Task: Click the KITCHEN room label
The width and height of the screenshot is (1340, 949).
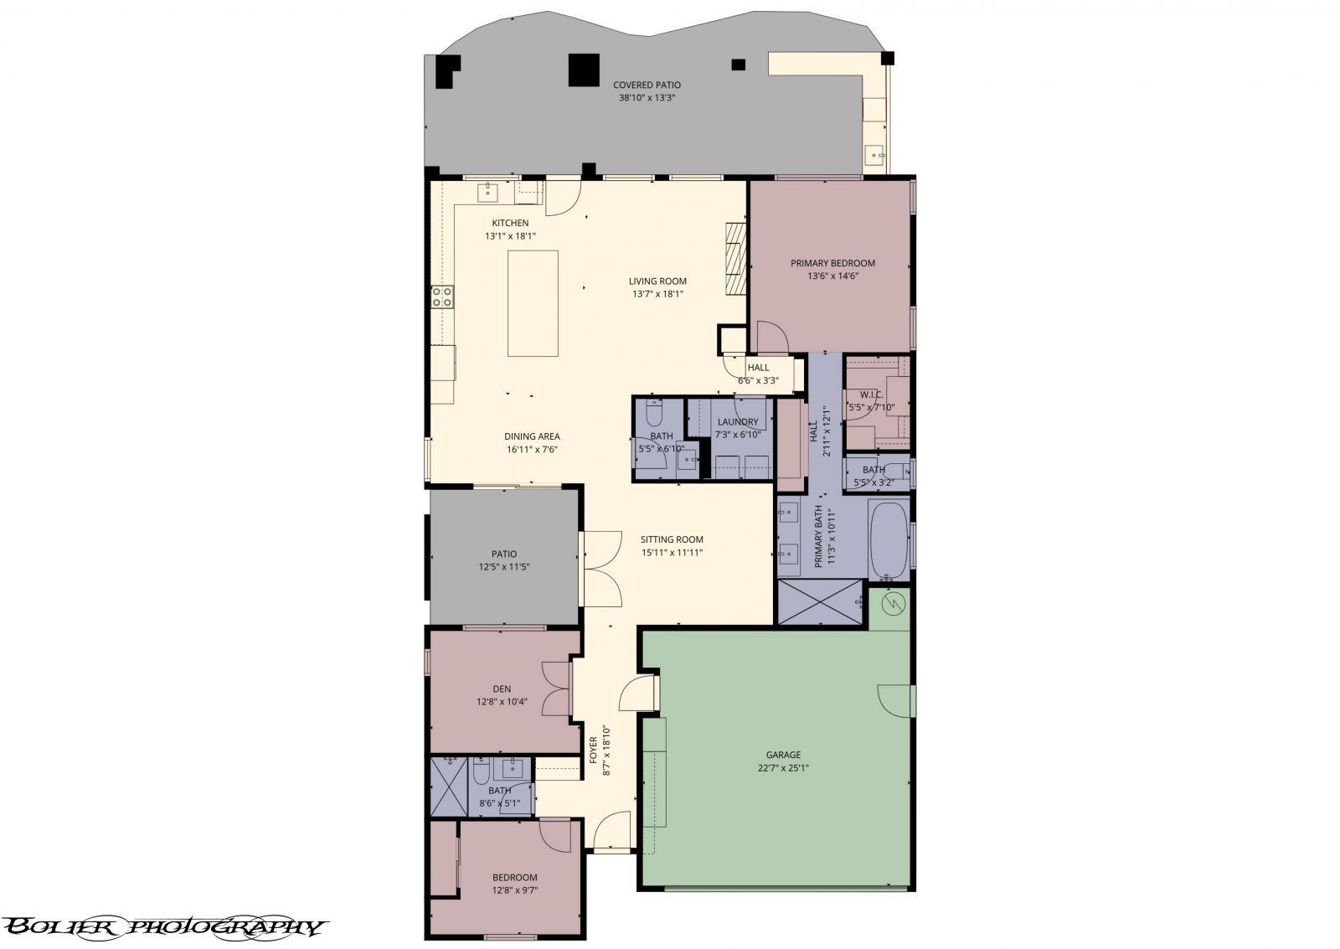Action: pos(510,223)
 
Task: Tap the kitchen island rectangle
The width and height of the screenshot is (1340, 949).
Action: pos(533,303)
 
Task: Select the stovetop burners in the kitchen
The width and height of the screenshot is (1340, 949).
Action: pos(442,297)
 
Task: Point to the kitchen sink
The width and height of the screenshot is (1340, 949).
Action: pos(488,193)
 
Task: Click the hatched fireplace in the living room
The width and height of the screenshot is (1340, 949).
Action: pos(736,259)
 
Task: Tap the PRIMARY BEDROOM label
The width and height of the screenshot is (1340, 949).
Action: pos(832,263)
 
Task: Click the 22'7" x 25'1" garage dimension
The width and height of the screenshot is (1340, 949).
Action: pos(783,768)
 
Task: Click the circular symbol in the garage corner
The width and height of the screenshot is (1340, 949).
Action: pos(894,605)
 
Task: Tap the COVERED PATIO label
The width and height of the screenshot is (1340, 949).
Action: pos(647,85)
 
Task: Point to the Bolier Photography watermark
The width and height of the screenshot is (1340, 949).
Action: pos(164,927)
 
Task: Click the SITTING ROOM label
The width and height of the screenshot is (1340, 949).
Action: pos(672,539)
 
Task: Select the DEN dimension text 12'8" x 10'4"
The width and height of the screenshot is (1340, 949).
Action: pos(502,703)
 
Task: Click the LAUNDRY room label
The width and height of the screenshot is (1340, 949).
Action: pos(738,422)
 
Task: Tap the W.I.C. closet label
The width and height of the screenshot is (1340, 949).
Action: pos(872,395)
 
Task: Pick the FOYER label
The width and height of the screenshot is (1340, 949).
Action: pos(594,750)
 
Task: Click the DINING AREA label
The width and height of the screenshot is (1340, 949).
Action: pos(532,436)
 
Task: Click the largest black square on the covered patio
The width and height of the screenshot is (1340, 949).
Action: pos(584,70)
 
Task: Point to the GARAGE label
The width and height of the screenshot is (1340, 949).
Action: pos(783,756)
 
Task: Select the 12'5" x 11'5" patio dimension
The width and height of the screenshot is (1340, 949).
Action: pos(503,567)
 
